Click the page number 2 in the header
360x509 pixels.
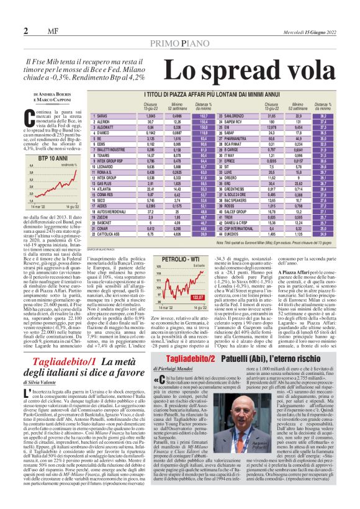pos(26,31)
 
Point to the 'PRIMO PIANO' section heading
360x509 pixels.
pos(179,42)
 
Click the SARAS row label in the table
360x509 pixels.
pos(102,116)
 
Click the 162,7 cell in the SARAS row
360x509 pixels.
pos(202,116)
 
